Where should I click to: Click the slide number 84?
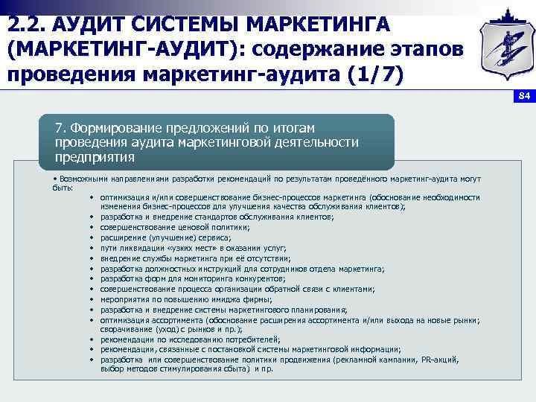click(523, 96)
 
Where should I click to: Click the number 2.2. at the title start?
click(27, 25)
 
